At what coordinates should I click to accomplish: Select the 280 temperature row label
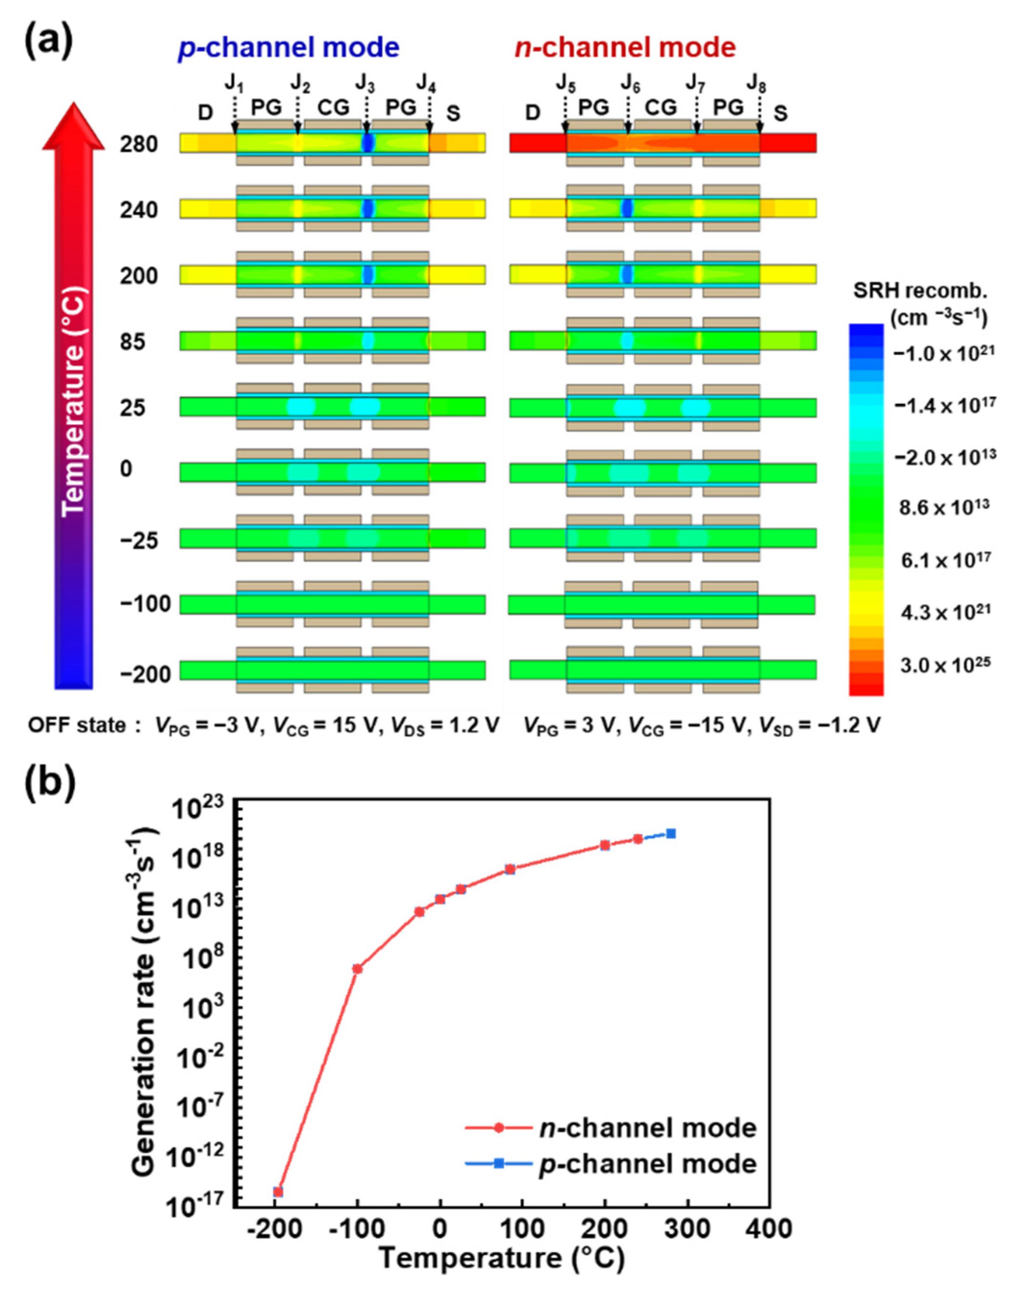click(138, 145)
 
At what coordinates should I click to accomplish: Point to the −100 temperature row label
click(145, 604)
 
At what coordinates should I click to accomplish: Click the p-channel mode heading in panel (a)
click(288, 48)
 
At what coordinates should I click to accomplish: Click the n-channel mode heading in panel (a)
click(624, 48)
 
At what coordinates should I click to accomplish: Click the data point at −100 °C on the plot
click(357, 969)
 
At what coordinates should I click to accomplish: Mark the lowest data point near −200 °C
click(278, 1192)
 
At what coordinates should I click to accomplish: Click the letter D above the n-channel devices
click(532, 113)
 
